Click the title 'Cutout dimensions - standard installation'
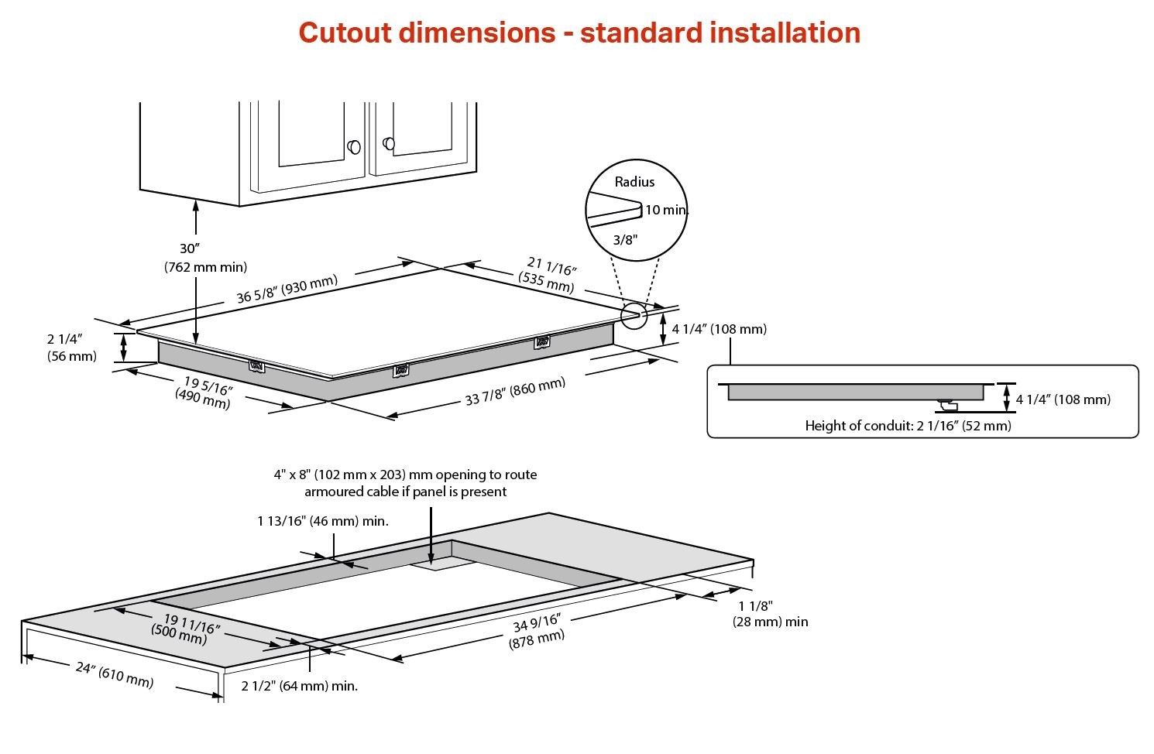click(x=579, y=33)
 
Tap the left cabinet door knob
click(x=354, y=146)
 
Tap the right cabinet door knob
click(x=389, y=143)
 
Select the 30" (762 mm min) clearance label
click(x=205, y=258)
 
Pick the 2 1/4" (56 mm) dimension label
click(x=71, y=348)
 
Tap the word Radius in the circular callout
click(x=634, y=182)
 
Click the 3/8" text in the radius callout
click(x=625, y=240)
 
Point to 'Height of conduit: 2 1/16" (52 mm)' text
click(x=908, y=426)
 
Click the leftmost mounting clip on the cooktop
click(x=256, y=365)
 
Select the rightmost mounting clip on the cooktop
click(x=541, y=341)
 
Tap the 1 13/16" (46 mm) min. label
click(x=323, y=521)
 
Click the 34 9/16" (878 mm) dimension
click(x=537, y=630)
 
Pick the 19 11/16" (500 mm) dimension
click(x=186, y=628)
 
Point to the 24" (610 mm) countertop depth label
click(x=114, y=674)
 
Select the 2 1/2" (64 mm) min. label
click(x=299, y=686)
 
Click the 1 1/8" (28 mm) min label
click(x=770, y=614)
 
